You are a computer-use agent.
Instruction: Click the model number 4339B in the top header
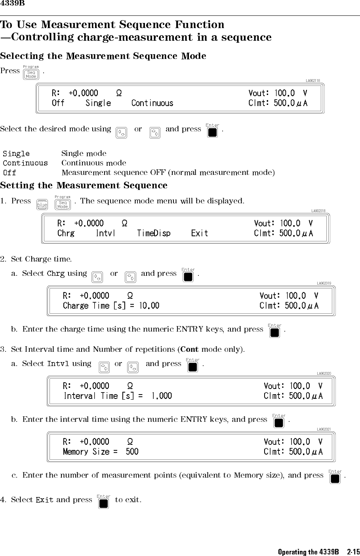(13, 4)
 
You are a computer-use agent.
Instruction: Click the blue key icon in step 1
(42, 205)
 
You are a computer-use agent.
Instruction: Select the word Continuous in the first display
(152, 103)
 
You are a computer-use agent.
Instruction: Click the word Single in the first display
(98, 103)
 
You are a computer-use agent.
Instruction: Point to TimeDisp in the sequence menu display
(154, 233)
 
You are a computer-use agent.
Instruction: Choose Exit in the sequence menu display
(199, 233)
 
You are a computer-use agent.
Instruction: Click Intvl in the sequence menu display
(105, 233)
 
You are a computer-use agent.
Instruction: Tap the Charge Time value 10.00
(149, 306)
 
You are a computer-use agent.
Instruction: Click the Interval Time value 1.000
(162, 396)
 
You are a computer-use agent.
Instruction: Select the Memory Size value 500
(132, 452)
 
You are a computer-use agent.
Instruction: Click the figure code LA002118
(312, 81)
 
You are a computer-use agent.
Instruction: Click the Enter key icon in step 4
(104, 503)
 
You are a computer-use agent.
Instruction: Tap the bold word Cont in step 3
(189, 349)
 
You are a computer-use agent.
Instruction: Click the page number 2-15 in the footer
(353, 552)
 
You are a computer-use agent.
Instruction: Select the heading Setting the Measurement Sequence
(84, 185)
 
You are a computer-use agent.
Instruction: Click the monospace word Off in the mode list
(10, 173)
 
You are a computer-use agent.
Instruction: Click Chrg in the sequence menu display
(66, 233)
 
